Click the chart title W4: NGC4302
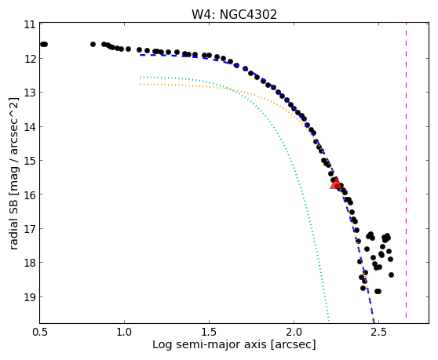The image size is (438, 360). pyautogui.click(x=234, y=14)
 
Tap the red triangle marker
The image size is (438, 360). pyautogui.click(x=335, y=183)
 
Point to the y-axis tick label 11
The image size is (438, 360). pyautogui.click(x=30, y=24)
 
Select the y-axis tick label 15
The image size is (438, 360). pyautogui.click(x=30, y=161)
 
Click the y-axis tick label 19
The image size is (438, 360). pyautogui.click(x=30, y=296)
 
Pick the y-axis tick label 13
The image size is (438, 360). pyautogui.click(x=30, y=93)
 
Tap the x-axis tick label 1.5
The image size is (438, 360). pyautogui.click(x=209, y=332)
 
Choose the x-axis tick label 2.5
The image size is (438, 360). pyautogui.click(x=378, y=332)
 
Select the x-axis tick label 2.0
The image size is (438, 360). pyautogui.click(x=294, y=332)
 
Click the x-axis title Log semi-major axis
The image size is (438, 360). pyautogui.click(x=210, y=344)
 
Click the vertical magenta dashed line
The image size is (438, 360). pyautogui.click(x=406, y=170)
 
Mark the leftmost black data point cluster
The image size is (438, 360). pyautogui.click(x=44, y=44)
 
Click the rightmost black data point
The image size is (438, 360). pyautogui.click(x=391, y=275)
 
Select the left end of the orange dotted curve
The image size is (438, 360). pyautogui.click(x=141, y=84)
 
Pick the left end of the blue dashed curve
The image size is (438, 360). pyautogui.click(x=141, y=55)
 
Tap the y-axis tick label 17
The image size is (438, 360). pyautogui.click(x=30, y=228)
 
